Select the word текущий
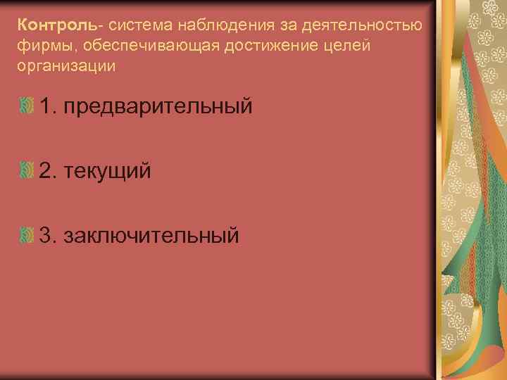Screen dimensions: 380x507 tap(107, 171)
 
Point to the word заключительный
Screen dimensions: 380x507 tap(151, 234)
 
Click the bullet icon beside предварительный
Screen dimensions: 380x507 tap(27, 107)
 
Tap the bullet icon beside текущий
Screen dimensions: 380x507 tap(27, 170)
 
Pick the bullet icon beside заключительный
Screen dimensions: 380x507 tap(27, 234)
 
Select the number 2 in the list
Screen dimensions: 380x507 tap(46, 170)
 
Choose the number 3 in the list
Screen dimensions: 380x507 tap(46, 234)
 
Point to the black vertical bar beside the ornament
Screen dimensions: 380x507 tap(431, 190)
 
